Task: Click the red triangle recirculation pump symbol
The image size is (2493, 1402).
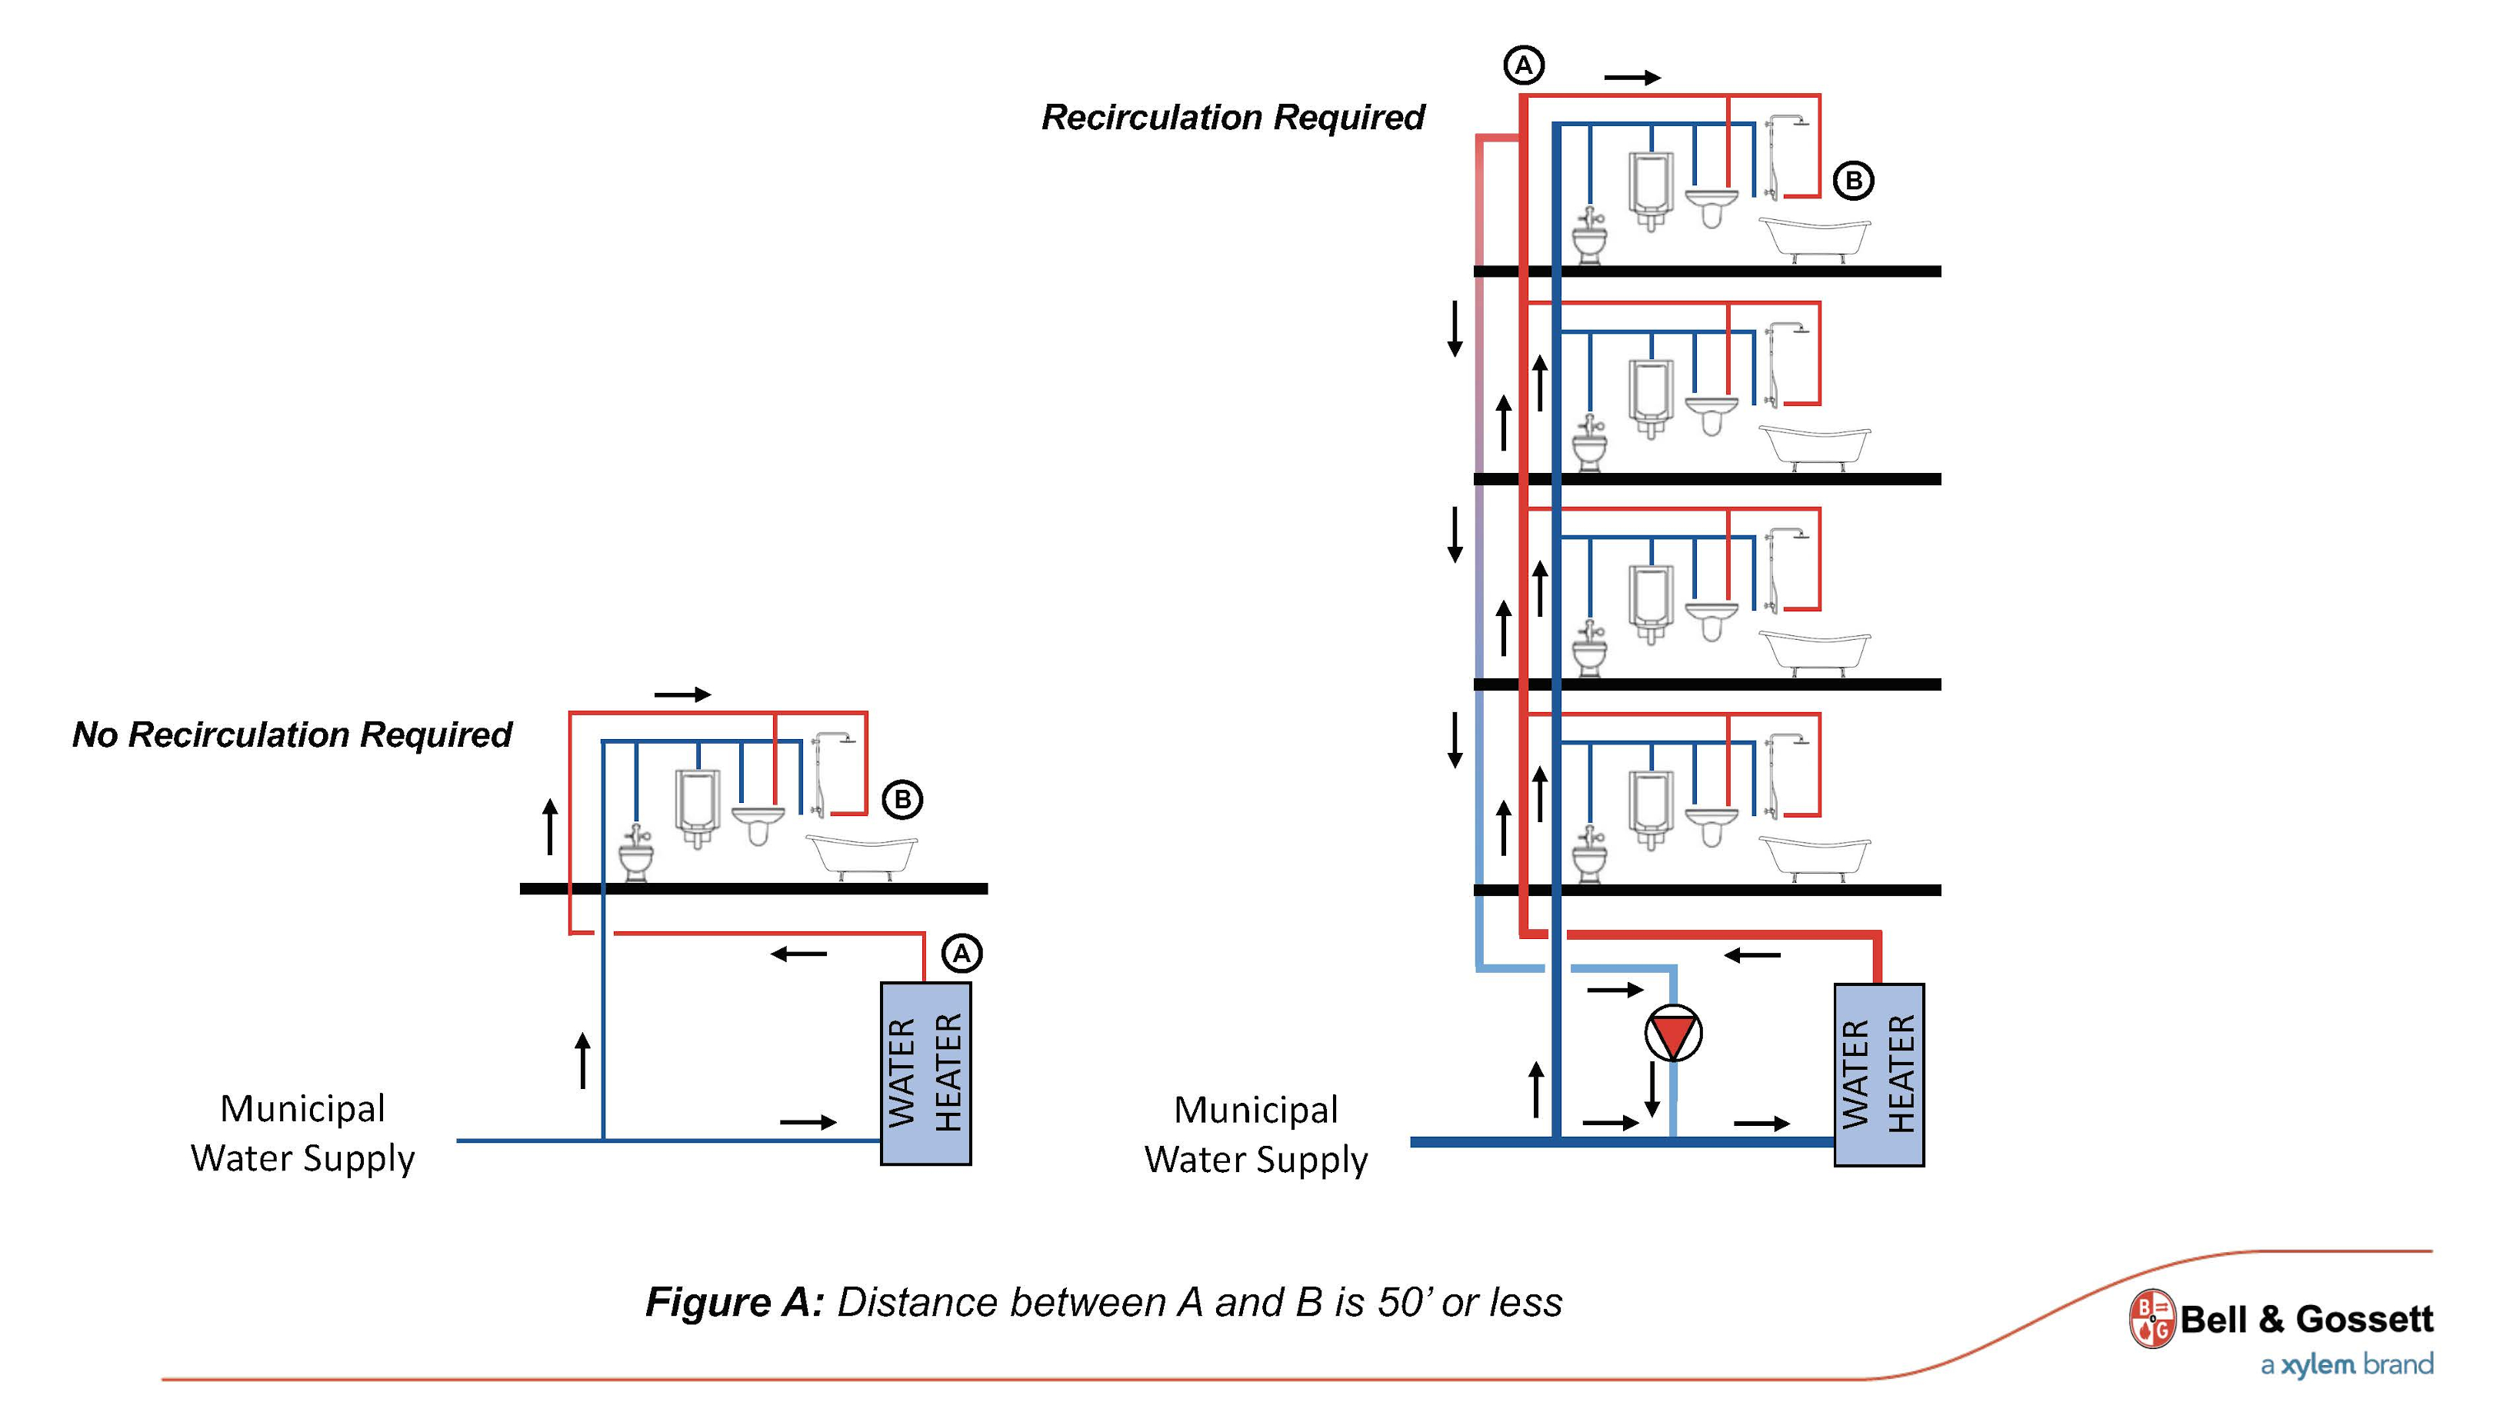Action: tap(1673, 1034)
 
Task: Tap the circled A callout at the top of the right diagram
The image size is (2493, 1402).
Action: tap(1523, 66)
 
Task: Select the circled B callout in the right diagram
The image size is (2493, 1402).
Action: tap(1853, 181)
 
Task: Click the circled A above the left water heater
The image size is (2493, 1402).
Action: tap(961, 954)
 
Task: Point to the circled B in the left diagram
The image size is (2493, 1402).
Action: tap(902, 800)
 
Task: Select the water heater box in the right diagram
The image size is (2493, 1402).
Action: tap(1878, 1074)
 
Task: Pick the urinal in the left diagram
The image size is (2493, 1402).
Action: tap(697, 808)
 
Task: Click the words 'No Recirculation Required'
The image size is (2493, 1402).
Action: tap(292, 734)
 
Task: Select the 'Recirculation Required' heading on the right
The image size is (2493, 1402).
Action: tap(1232, 117)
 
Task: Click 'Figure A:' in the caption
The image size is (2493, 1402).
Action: tap(735, 1302)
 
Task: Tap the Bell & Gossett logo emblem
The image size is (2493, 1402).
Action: tap(2151, 1318)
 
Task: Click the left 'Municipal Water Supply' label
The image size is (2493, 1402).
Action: tap(302, 1133)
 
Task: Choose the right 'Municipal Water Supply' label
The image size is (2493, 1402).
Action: tap(1255, 1134)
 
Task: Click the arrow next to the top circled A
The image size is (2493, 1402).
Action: tap(1631, 78)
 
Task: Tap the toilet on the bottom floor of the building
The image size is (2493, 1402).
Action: tap(1589, 855)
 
